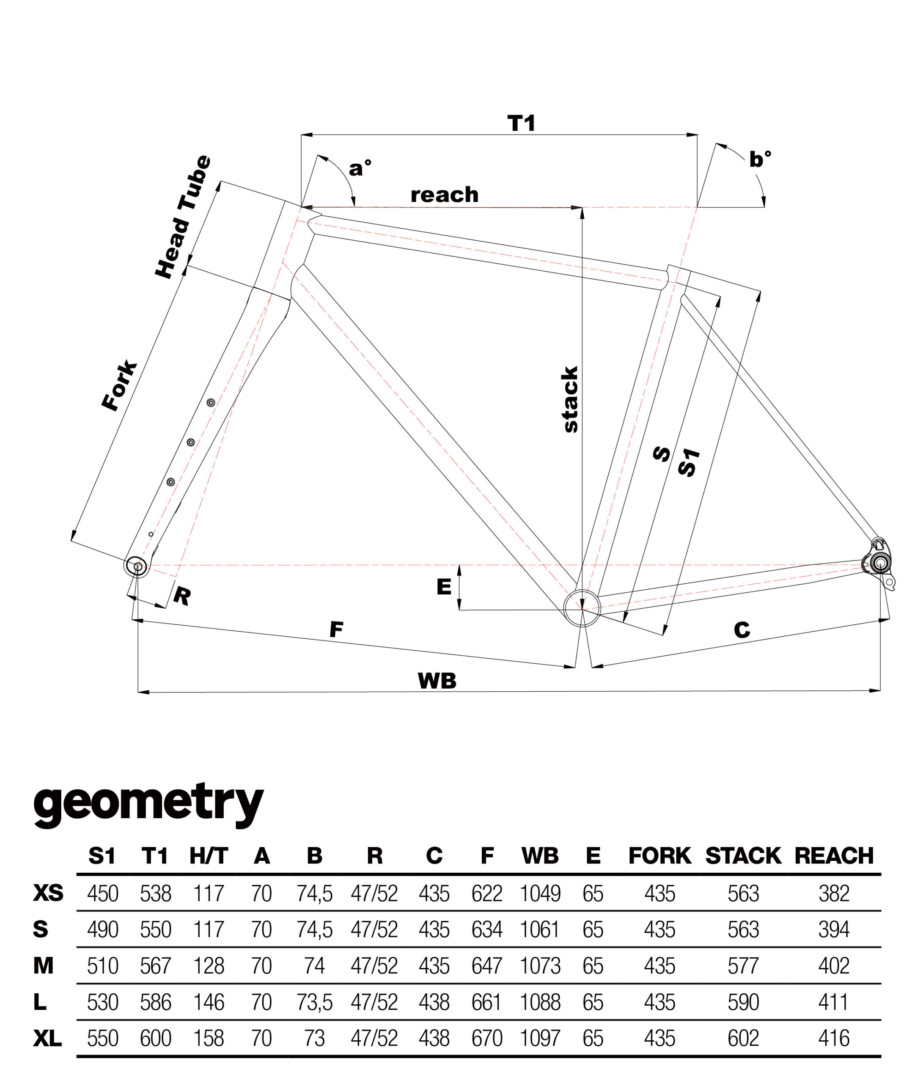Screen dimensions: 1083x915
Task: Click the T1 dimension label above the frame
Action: pyautogui.click(x=521, y=124)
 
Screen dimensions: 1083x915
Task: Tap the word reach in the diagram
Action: pyautogui.click(x=445, y=195)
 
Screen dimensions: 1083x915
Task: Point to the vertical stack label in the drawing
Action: pyautogui.click(x=570, y=399)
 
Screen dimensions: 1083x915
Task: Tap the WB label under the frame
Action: pyautogui.click(x=437, y=681)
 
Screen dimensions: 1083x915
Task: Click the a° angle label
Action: pyautogui.click(x=360, y=168)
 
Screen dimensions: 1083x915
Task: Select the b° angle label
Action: pyautogui.click(x=760, y=159)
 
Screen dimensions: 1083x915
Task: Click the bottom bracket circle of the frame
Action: pyautogui.click(x=582, y=608)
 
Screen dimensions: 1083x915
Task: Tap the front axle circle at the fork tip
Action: pyautogui.click(x=136, y=566)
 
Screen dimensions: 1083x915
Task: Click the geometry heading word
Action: pyautogui.click(x=148, y=803)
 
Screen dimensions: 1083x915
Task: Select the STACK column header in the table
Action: pyautogui.click(x=743, y=856)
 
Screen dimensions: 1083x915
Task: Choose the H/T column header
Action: pyautogui.click(x=209, y=856)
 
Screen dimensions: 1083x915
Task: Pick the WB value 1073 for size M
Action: pyautogui.click(x=540, y=966)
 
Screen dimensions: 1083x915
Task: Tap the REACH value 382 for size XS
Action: pyautogui.click(x=833, y=893)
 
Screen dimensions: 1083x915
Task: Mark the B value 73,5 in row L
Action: pyautogui.click(x=314, y=1002)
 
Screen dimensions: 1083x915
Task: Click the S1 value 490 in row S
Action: pyautogui.click(x=103, y=929)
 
